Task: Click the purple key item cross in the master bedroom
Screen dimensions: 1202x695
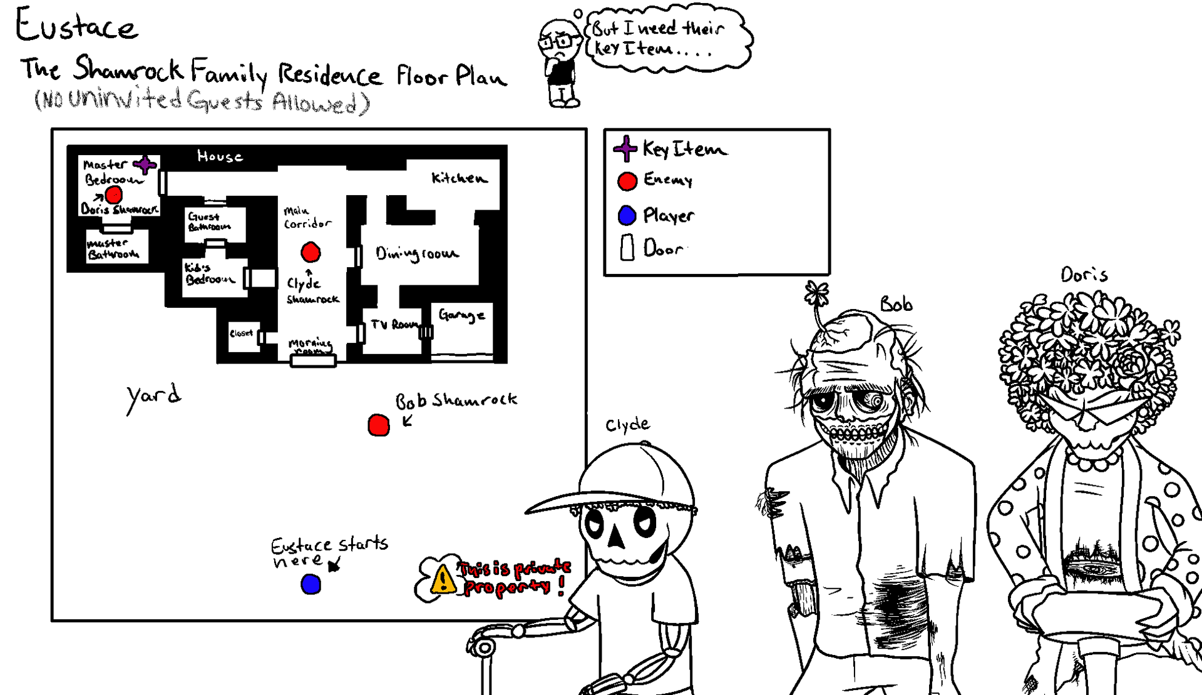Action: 145,165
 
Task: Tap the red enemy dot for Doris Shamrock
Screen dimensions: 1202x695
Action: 113,195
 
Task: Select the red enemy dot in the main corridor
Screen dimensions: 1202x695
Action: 311,252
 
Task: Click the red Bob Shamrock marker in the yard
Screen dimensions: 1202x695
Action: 378,425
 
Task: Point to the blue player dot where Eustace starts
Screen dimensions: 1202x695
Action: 311,584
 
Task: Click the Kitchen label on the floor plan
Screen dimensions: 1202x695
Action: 459,178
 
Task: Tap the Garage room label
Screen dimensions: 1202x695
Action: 461,315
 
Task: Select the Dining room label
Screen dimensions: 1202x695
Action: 417,253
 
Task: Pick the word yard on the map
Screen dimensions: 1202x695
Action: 153,397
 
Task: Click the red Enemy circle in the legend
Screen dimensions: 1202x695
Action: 627,181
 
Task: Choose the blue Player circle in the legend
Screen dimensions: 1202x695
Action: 627,215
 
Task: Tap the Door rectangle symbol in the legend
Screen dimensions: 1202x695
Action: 627,248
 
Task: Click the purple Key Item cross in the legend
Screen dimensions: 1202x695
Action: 625,149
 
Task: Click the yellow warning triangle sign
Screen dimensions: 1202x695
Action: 443,579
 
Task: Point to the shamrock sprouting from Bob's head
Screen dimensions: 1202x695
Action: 817,293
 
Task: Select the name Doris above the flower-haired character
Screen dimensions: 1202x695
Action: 1084,275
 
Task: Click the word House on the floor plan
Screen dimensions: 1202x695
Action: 220,156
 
